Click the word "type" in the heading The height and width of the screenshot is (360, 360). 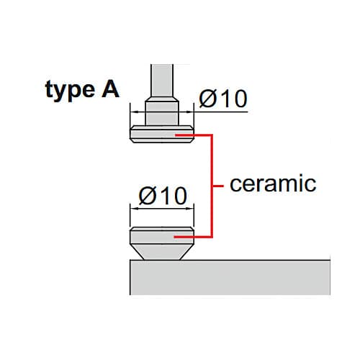(x=70, y=91)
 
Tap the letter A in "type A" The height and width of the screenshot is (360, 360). (x=110, y=89)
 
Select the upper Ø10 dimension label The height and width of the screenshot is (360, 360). (x=223, y=99)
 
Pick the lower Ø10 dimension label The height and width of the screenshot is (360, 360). (x=163, y=196)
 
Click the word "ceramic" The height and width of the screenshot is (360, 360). (x=273, y=184)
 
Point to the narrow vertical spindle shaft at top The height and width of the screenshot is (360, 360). (x=162, y=81)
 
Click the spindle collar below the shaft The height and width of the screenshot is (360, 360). (x=162, y=113)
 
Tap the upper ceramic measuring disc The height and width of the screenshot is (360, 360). (x=162, y=134)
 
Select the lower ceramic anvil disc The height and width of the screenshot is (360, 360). (x=162, y=235)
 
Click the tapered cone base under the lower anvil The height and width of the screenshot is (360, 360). (x=162, y=252)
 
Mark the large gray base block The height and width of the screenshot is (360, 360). (x=230, y=277)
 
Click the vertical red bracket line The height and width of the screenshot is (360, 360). (x=212, y=186)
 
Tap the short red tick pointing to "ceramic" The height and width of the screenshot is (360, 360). (x=218, y=186)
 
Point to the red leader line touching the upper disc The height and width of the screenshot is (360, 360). (x=194, y=135)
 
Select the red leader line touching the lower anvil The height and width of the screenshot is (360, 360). (x=193, y=237)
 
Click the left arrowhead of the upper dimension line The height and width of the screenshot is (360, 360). (x=134, y=112)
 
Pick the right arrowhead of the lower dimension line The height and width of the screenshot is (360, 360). (x=189, y=209)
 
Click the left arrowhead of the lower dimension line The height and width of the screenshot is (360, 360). (x=134, y=209)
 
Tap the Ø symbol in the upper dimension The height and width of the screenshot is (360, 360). (x=207, y=99)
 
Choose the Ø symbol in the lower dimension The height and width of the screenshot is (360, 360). (x=147, y=196)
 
